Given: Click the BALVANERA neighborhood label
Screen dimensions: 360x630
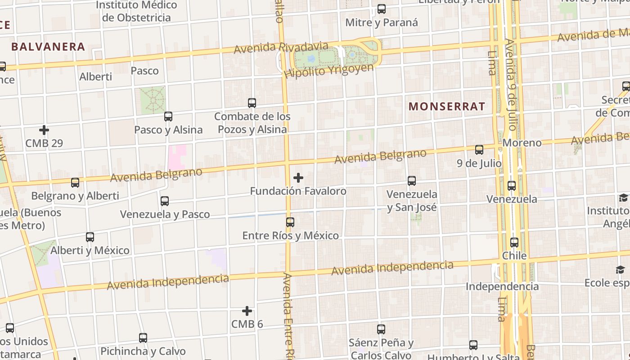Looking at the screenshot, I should [x=48, y=46].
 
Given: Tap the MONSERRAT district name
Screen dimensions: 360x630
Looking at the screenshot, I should [x=447, y=106].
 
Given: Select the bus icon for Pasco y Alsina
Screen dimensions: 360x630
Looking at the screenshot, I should [x=168, y=117].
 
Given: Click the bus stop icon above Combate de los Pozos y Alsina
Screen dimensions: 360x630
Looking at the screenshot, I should [x=252, y=103].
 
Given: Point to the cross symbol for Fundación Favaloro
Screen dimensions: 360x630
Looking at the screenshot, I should [x=298, y=178].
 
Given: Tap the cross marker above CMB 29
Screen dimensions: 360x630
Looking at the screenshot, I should [x=44, y=130].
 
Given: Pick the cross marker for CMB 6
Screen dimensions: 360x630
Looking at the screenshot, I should [x=247, y=311].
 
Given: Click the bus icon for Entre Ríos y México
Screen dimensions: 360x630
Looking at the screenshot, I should [x=290, y=222].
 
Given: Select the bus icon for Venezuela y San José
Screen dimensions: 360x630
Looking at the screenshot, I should [x=412, y=181].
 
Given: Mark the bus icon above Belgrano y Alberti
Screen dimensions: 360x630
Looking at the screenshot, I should [x=75, y=183].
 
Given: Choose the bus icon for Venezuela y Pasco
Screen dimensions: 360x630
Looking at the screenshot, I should [x=165, y=201].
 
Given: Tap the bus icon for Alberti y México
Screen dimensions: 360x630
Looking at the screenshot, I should [x=90, y=237].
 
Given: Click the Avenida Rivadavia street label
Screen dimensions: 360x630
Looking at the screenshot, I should [x=281, y=47].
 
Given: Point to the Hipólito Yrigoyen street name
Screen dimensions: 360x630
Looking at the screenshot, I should [x=329, y=70].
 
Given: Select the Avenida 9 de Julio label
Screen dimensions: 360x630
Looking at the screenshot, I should [x=511, y=84].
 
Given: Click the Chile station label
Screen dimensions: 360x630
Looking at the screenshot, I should [x=514, y=256].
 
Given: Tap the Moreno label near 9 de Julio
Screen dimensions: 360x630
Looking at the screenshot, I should [x=522, y=143].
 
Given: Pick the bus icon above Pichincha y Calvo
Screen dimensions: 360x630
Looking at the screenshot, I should [x=143, y=338].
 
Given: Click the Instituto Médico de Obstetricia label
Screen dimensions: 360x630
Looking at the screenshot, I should [x=136, y=11].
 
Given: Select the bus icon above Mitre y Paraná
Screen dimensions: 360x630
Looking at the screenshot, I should [x=382, y=9].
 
